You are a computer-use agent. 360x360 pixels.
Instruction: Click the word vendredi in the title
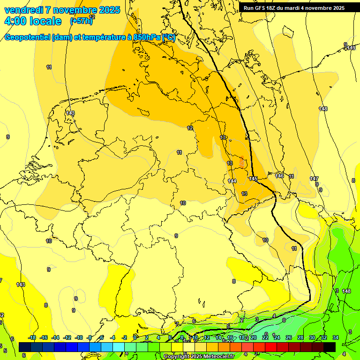pos(23,10)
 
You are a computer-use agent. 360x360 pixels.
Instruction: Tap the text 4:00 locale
pos(32,21)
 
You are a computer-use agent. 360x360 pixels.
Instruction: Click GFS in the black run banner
pos(262,8)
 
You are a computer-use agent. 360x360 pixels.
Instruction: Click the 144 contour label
pos(232,181)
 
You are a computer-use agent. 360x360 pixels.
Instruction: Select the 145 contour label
pos(254,179)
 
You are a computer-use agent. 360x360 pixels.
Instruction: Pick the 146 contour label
pos(279,176)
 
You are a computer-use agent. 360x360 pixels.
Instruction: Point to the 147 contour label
pos(314,179)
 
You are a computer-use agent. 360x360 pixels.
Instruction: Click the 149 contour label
pos(352,48)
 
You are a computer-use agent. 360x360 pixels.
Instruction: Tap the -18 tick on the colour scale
pos(32,337)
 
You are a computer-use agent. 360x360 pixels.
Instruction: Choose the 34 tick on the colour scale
pos(336,337)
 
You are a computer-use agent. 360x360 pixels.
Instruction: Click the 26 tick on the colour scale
pos(289,337)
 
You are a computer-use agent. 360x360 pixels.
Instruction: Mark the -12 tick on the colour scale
pos(67,337)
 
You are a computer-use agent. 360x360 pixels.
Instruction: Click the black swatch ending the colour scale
pos(330,347)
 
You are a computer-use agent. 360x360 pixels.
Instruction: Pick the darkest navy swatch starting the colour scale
pos(25,347)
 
